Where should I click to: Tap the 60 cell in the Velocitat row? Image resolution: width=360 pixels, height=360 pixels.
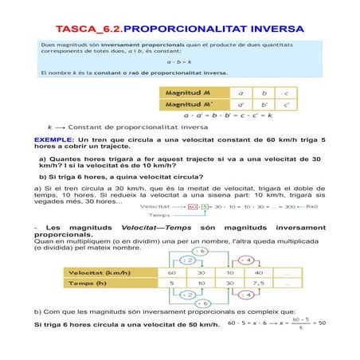tap(170, 272)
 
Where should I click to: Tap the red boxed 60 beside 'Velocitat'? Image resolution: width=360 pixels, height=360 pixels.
tap(194, 207)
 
